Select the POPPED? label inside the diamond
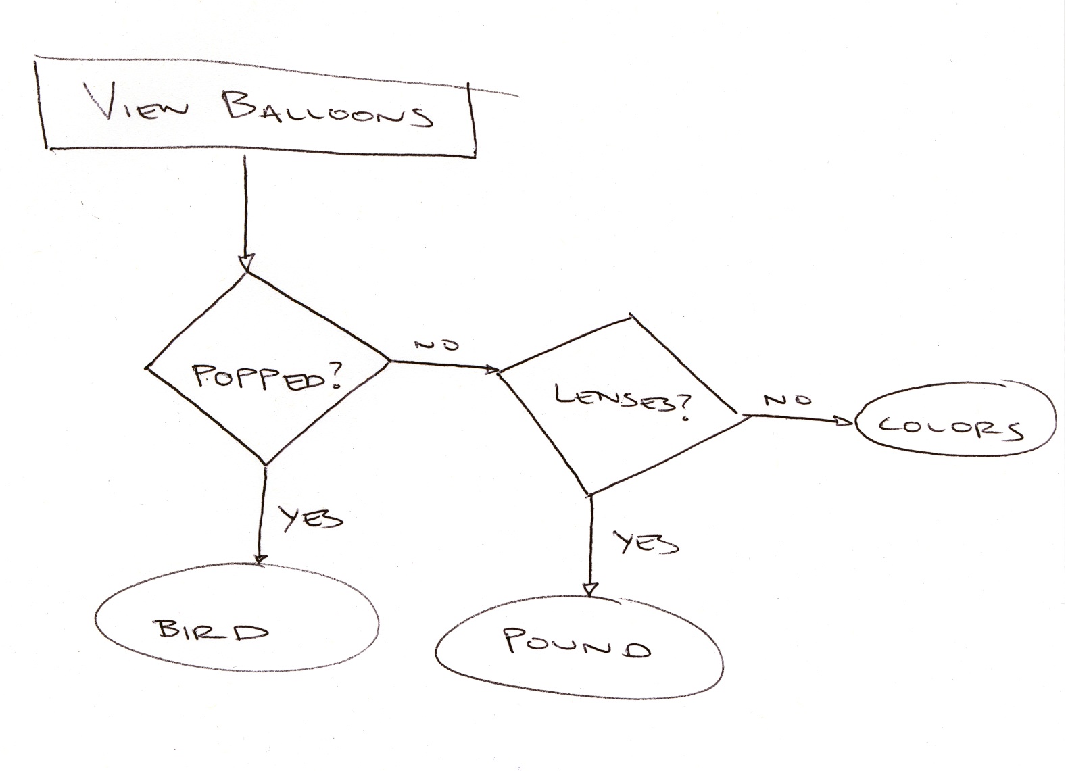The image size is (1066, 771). click(267, 377)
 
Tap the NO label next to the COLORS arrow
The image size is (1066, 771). click(787, 400)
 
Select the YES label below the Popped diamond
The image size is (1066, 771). click(311, 519)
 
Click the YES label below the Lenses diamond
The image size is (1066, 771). click(646, 543)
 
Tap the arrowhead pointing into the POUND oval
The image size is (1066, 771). click(591, 589)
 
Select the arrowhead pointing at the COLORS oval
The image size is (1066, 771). click(845, 422)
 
